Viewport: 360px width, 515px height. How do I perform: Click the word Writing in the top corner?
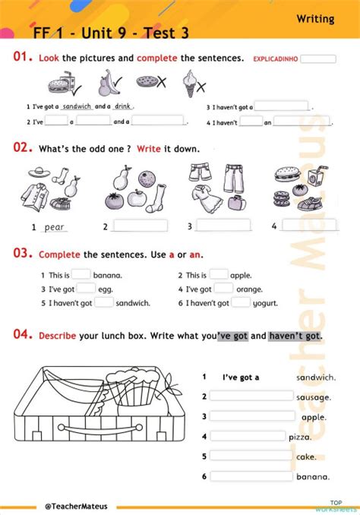pos(315,19)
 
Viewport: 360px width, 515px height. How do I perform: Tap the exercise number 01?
pos(24,57)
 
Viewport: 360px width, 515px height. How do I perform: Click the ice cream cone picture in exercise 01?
pos(191,83)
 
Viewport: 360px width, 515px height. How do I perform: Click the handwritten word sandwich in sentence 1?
pos(77,106)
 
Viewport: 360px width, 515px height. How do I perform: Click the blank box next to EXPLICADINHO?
pos(323,58)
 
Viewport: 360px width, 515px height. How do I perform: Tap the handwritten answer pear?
pos(55,227)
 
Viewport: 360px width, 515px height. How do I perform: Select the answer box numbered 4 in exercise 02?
pos(309,225)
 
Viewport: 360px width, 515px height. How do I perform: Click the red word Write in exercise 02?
pos(149,149)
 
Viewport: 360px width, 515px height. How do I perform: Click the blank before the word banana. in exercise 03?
pos(81,275)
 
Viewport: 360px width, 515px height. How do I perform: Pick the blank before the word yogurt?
pos(241,302)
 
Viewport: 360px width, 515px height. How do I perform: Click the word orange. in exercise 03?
pos(249,289)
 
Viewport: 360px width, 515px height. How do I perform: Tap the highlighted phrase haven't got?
pos(295,335)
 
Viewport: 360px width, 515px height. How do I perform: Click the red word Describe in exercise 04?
pos(57,335)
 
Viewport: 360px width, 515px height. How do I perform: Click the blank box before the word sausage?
pos(251,396)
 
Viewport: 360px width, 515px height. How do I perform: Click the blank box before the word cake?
pos(251,456)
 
